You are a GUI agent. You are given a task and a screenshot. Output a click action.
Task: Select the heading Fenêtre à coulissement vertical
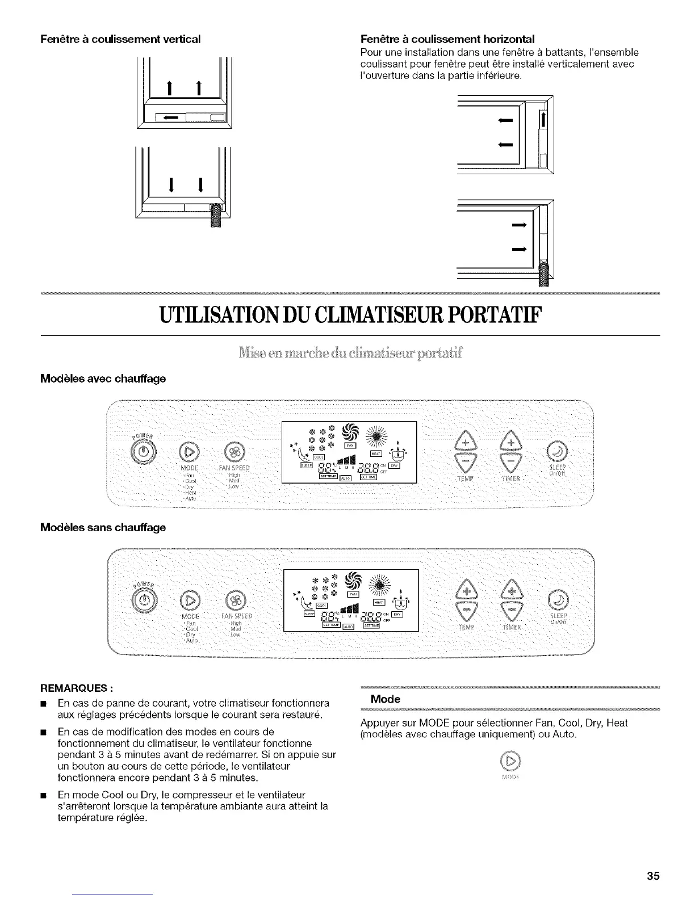point(120,39)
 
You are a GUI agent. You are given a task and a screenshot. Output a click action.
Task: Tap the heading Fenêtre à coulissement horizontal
point(448,39)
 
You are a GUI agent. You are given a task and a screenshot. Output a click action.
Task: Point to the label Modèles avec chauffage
point(103,378)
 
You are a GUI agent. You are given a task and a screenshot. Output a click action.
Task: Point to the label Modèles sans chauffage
point(103,527)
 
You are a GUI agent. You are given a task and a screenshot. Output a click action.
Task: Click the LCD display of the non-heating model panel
point(350,600)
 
